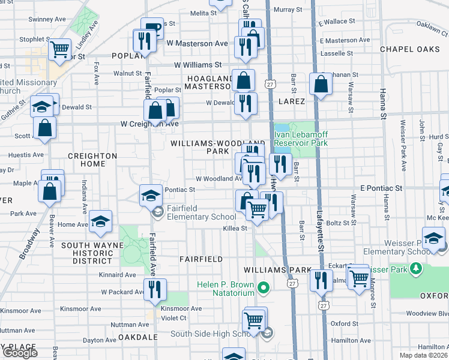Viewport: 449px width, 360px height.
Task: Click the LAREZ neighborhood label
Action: (x=292, y=102)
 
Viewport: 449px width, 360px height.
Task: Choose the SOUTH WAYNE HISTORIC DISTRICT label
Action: (x=86, y=253)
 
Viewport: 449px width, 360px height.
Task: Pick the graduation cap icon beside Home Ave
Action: (x=101, y=222)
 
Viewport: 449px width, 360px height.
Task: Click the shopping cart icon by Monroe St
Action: (x=358, y=278)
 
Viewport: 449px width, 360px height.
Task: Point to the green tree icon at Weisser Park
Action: (x=414, y=268)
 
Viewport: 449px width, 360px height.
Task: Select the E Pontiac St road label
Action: (x=381, y=188)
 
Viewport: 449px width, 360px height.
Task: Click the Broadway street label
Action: (x=29, y=243)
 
